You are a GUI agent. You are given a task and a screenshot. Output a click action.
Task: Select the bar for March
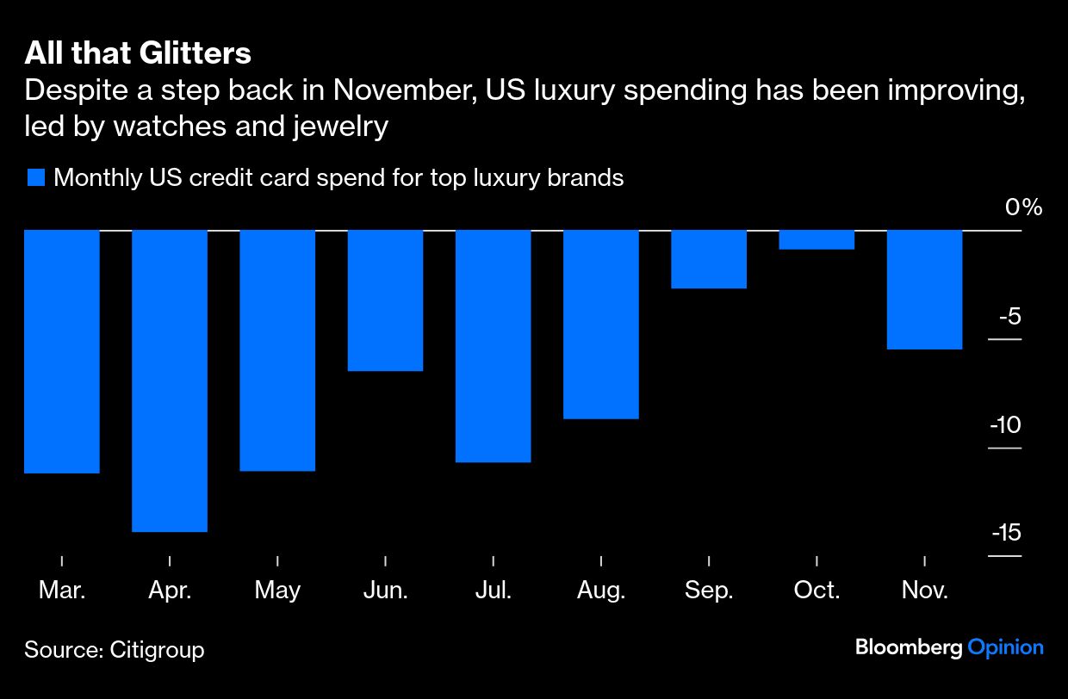(x=62, y=351)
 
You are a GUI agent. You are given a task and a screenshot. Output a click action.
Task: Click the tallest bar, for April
(x=170, y=380)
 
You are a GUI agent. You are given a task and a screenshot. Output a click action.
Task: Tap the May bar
(x=277, y=350)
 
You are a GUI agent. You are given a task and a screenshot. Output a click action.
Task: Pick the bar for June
(x=385, y=300)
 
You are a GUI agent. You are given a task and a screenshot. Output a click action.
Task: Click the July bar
(x=493, y=346)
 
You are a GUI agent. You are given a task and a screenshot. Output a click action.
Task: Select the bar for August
(x=601, y=324)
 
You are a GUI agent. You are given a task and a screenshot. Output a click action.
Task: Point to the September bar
(x=709, y=259)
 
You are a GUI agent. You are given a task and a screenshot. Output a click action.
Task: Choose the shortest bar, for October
(x=817, y=239)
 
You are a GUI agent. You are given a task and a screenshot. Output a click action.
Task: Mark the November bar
(x=924, y=289)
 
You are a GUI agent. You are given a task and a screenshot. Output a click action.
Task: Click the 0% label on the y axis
(x=1022, y=208)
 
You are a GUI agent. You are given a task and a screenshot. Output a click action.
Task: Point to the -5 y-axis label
(x=1009, y=317)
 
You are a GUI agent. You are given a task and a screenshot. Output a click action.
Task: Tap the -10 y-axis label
(x=1004, y=425)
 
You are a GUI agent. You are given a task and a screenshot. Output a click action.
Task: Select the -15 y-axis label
(x=1005, y=533)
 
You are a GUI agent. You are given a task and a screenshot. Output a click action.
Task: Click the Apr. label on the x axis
(x=170, y=591)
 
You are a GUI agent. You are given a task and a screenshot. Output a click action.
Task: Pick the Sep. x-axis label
(x=709, y=591)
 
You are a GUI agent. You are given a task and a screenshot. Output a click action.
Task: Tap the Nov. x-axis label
(x=924, y=591)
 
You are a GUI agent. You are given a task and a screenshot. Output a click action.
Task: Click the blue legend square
(x=35, y=178)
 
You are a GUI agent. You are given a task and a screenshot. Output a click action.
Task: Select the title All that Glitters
(x=138, y=53)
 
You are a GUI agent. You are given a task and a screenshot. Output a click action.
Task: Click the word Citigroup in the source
(x=157, y=649)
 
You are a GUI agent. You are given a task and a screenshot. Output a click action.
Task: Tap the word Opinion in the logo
(x=1005, y=647)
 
